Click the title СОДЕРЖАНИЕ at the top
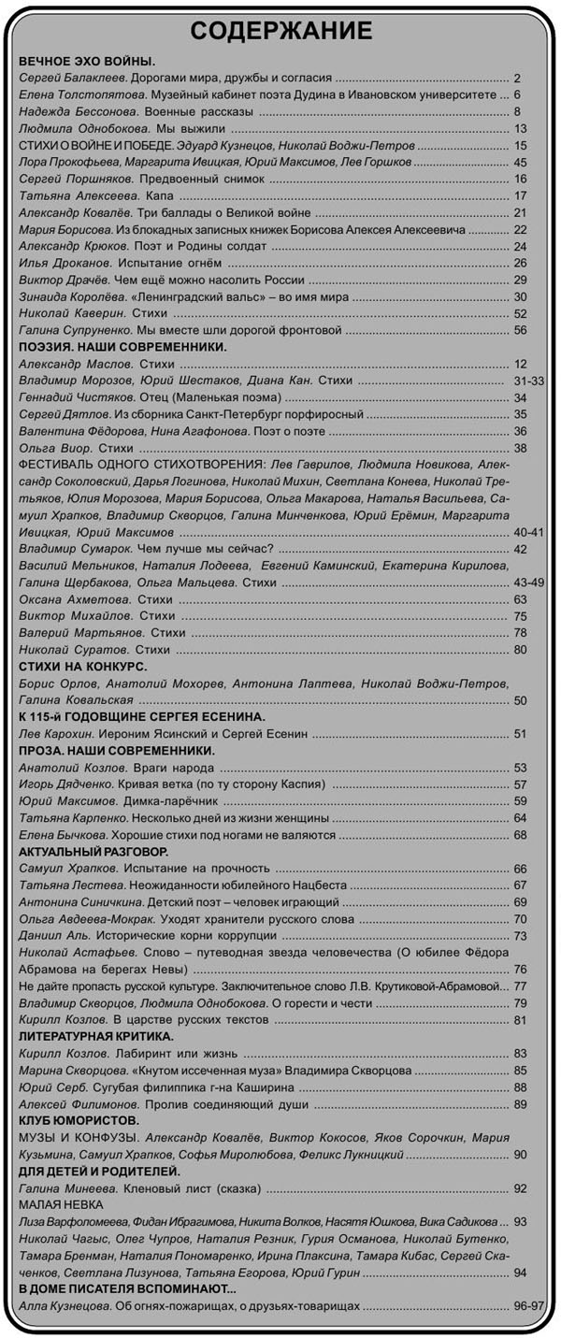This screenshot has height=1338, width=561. (x=280, y=32)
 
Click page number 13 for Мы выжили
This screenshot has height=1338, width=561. (x=521, y=128)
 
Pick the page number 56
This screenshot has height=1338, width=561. (x=521, y=331)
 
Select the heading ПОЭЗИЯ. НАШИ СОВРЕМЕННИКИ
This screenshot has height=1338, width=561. (x=122, y=347)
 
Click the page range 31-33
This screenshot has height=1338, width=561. (x=529, y=381)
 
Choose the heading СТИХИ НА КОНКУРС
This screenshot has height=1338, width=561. (x=83, y=667)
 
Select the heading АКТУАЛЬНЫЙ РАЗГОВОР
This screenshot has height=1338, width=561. (x=93, y=852)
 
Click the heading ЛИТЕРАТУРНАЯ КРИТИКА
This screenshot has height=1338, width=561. (x=96, y=1036)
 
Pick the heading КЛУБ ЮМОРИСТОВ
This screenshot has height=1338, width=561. (x=79, y=1120)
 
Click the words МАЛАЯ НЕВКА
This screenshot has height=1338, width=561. (x=61, y=1204)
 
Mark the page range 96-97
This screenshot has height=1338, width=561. (x=528, y=1305)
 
